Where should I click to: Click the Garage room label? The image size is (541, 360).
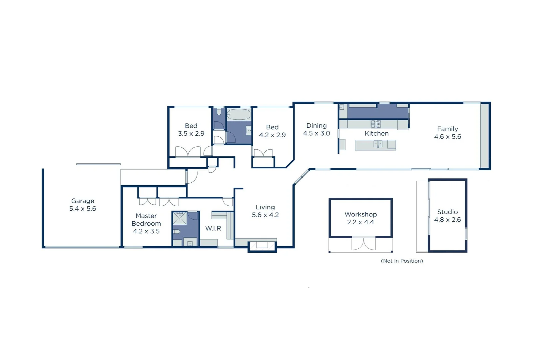click(83, 201)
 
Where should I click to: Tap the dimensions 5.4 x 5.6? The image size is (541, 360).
click(83, 209)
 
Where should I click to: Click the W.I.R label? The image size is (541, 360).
click(213, 228)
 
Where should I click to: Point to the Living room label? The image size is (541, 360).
click(265, 207)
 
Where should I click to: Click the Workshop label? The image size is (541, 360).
click(361, 214)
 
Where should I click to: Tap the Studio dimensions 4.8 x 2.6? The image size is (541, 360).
click(447, 220)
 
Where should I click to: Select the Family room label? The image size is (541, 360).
click(447, 129)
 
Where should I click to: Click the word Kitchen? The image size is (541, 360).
click(376, 134)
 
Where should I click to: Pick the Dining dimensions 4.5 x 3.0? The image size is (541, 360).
click(316, 133)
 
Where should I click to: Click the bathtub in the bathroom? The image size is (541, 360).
click(239, 115)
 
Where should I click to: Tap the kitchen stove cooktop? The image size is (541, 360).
click(376, 124)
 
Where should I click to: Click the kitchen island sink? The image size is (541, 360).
click(378, 144)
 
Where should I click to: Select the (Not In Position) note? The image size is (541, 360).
click(402, 261)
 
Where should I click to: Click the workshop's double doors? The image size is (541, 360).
click(363, 243)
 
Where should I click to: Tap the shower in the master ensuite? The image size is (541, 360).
click(180, 218)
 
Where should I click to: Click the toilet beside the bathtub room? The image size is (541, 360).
click(219, 111)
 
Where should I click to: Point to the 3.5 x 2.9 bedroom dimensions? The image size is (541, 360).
click(191, 134)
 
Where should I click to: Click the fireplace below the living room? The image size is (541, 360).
click(262, 246)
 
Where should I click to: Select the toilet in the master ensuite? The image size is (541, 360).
click(177, 231)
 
